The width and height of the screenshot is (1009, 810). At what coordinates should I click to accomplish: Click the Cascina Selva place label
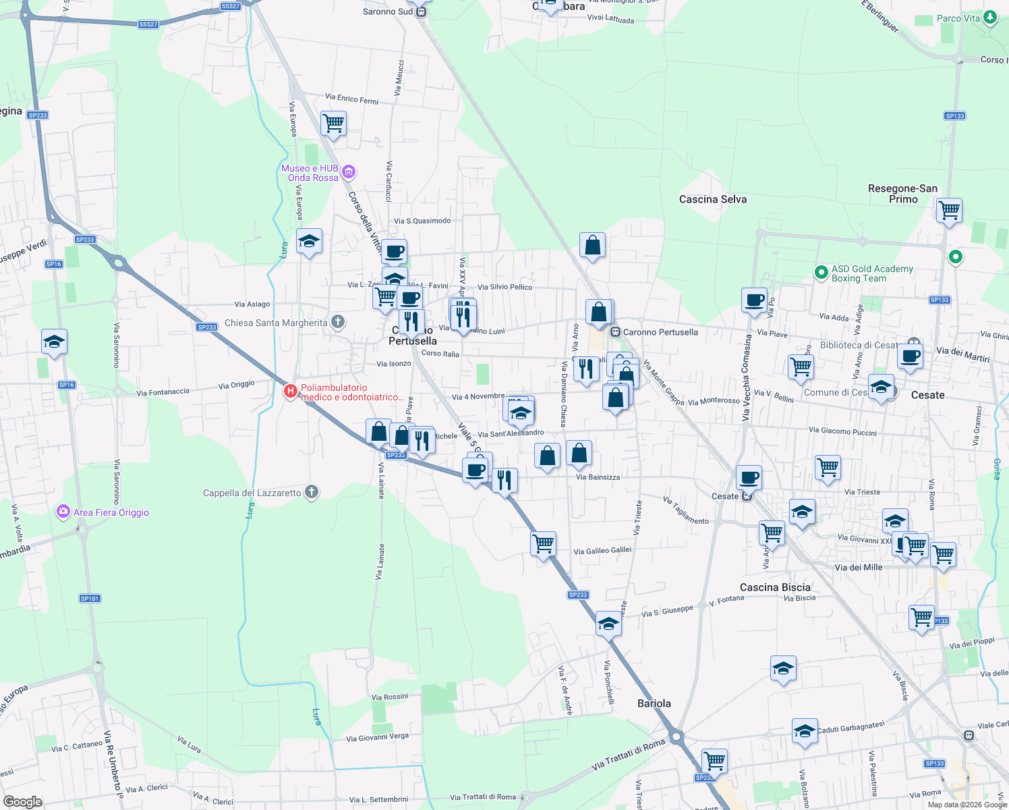(x=713, y=199)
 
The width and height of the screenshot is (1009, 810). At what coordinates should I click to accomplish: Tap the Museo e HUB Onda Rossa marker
(x=349, y=172)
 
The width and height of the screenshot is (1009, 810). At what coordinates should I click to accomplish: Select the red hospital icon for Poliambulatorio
(x=291, y=391)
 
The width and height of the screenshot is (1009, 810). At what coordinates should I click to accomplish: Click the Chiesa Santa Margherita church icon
(x=338, y=322)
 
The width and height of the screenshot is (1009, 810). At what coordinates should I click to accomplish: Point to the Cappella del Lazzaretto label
(x=252, y=493)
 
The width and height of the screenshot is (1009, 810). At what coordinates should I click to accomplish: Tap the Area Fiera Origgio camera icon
(x=63, y=512)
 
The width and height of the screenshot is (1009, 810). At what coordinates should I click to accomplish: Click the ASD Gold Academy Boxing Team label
(x=872, y=273)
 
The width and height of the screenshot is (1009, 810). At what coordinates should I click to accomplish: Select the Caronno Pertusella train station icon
(x=615, y=332)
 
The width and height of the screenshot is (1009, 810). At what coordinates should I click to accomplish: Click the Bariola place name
(x=654, y=703)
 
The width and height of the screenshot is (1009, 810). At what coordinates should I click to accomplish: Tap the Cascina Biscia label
(x=775, y=587)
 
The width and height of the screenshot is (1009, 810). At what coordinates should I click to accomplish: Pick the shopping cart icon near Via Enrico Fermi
(x=333, y=124)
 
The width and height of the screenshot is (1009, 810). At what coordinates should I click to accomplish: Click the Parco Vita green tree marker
(x=990, y=18)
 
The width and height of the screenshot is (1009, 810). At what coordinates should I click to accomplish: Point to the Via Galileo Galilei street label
(x=602, y=551)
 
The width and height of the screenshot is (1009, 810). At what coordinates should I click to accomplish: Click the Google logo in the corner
(x=22, y=802)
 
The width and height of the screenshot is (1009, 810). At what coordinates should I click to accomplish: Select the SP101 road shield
(x=90, y=599)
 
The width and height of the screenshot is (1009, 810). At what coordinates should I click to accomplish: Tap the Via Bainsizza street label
(x=598, y=477)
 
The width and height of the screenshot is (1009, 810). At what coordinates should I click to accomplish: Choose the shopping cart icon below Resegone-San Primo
(x=949, y=211)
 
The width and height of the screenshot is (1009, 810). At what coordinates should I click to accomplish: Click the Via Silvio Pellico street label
(x=504, y=287)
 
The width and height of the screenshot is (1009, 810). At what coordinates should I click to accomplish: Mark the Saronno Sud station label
(x=388, y=11)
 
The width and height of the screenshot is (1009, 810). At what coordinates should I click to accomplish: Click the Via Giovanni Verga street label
(x=377, y=737)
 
